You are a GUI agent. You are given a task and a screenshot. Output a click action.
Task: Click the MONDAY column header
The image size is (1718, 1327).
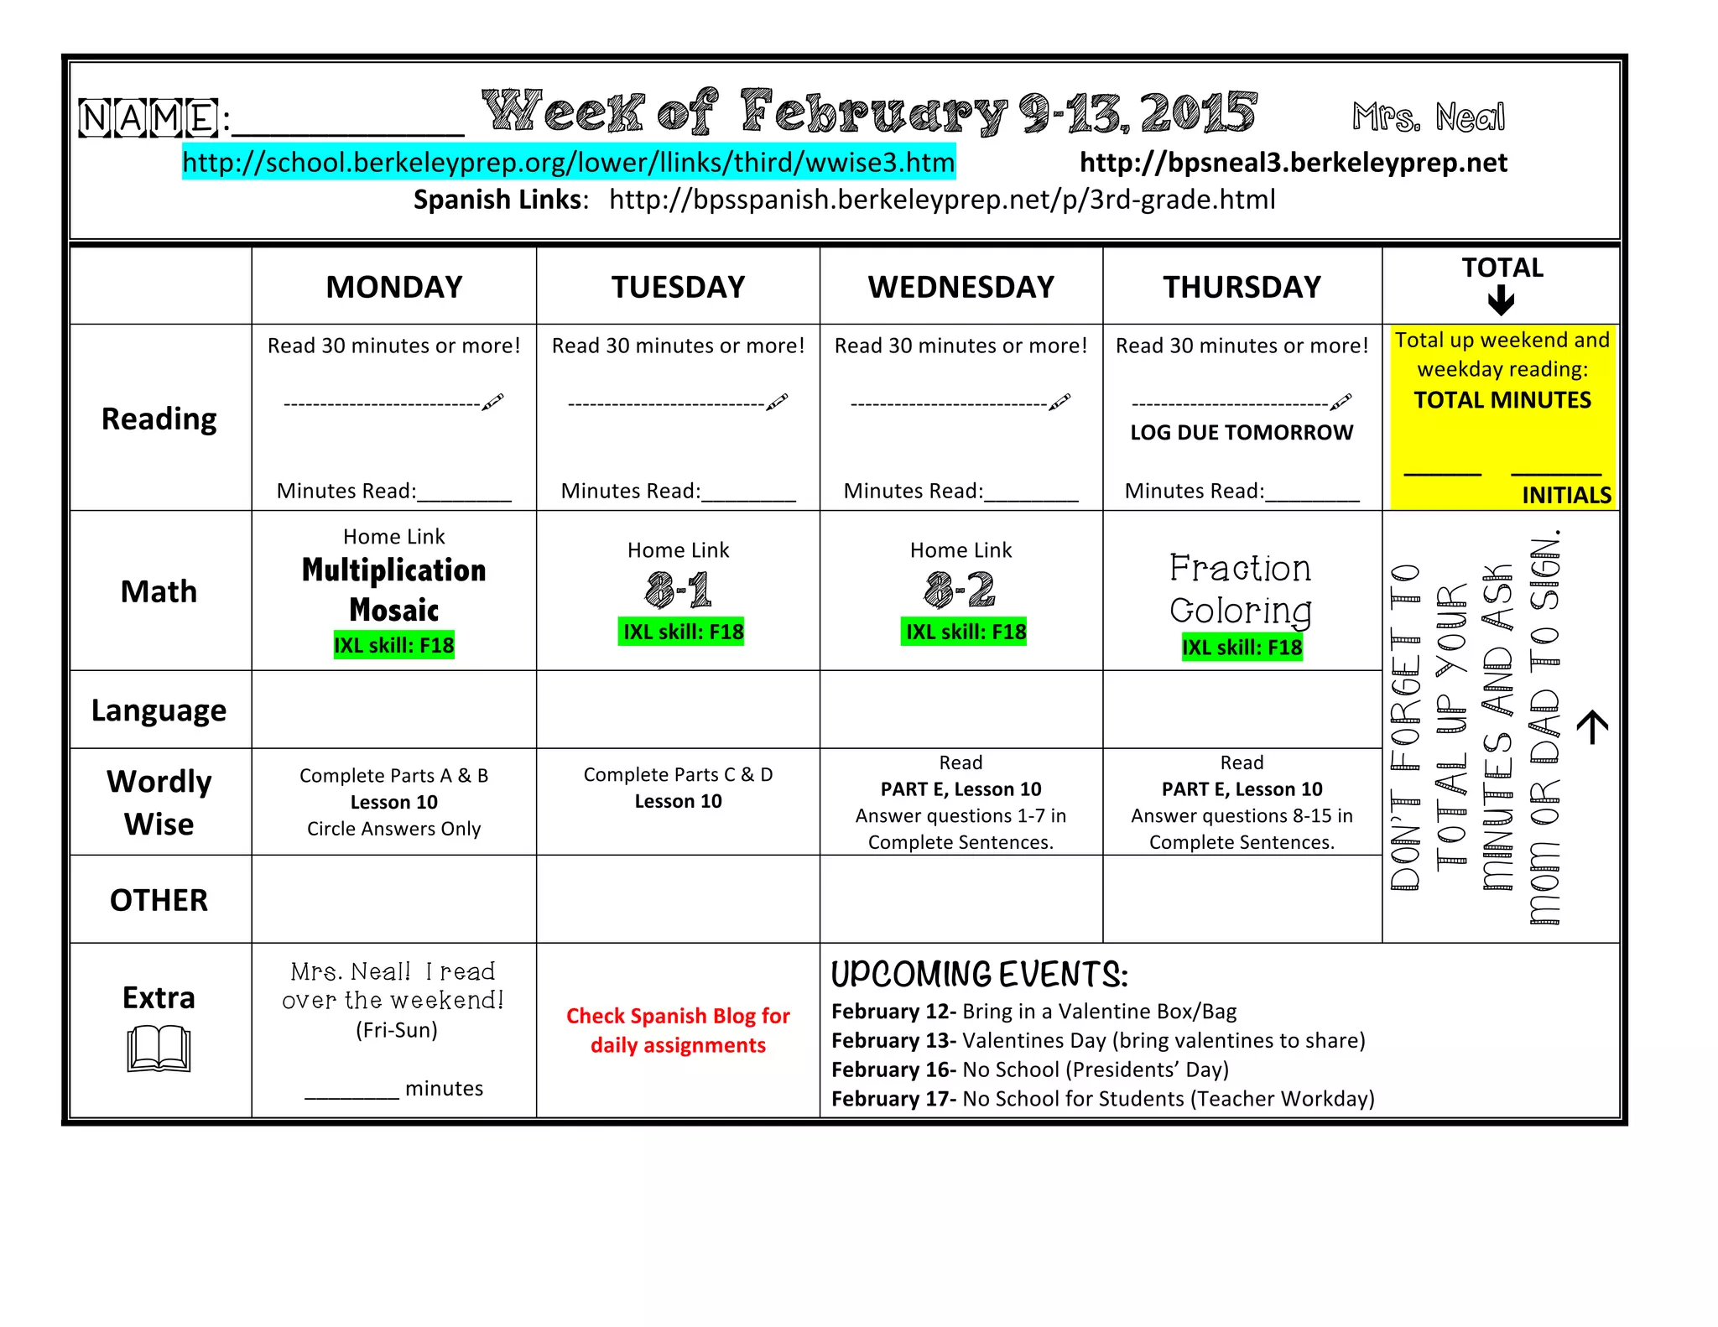pyautogui.click(x=393, y=288)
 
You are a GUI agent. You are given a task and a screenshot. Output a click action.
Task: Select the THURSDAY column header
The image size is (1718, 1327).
pyautogui.click(x=1242, y=288)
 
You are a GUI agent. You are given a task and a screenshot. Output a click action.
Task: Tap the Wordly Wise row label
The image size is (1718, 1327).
pyautogui.click(x=159, y=803)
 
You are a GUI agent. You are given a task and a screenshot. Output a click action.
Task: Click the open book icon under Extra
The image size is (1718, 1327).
pyautogui.click(x=159, y=1049)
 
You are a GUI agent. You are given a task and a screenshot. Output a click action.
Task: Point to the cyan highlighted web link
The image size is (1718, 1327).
pyautogui.click(x=568, y=162)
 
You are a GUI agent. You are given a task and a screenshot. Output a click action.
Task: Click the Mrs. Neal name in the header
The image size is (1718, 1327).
pyautogui.click(x=1429, y=117)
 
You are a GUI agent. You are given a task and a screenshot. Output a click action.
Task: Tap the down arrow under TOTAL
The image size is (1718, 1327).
pyautogui.click(x=1501, y=300)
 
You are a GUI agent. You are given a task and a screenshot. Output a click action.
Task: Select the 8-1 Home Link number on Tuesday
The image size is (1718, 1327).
pyautogui.click(x=678, y=589)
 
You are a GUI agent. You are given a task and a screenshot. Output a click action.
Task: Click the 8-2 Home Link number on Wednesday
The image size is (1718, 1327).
pyautogui.click(x=961, y=589)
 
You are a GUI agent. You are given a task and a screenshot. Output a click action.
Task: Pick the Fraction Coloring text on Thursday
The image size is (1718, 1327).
pyautogui.click(x=1241, y=590)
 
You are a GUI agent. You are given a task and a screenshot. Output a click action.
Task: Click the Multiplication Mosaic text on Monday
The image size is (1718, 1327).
pyautogui.click(x=393, y=590)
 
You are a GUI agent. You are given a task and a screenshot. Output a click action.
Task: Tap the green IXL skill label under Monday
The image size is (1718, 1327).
pyautogui.click(x=393, y=645)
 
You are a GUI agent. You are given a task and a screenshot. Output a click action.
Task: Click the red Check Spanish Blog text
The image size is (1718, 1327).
pyautogui.click(x=678, y=1030)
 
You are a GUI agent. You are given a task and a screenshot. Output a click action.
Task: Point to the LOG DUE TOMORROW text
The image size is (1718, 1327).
pyautogui.click(x=1242, y=433)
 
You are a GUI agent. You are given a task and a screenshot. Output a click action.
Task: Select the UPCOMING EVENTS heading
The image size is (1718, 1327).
pyautogui.click(x=979, y=975)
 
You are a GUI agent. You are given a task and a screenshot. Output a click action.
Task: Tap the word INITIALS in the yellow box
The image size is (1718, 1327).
pyautogui.click(x=1566, y=495)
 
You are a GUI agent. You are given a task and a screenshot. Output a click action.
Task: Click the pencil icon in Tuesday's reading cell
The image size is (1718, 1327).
pyautogui.click(x=778, y=402)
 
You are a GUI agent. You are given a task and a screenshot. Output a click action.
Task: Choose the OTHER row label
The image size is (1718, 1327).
pyautogui.click(x=159, y=900)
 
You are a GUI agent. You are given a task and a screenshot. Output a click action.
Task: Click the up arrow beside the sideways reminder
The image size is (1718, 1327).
pyautogui.click(x=1592, y=726)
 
